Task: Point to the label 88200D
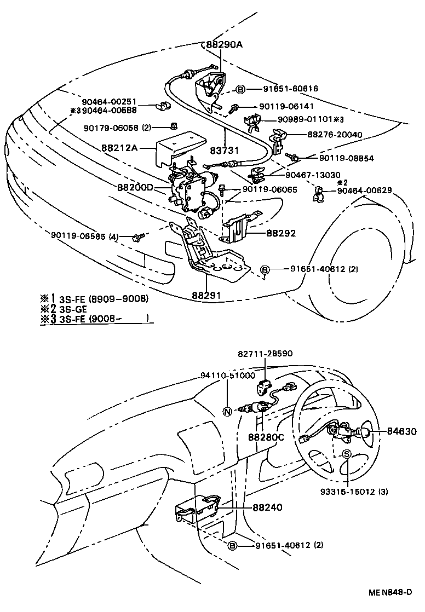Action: [135, 187]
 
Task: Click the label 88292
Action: [282, 233]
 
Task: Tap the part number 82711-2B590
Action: [265, 354]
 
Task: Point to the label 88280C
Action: [266, 437]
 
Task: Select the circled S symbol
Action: [347, 453]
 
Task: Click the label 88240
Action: [267, 507]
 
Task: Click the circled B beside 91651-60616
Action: [240, 88]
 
